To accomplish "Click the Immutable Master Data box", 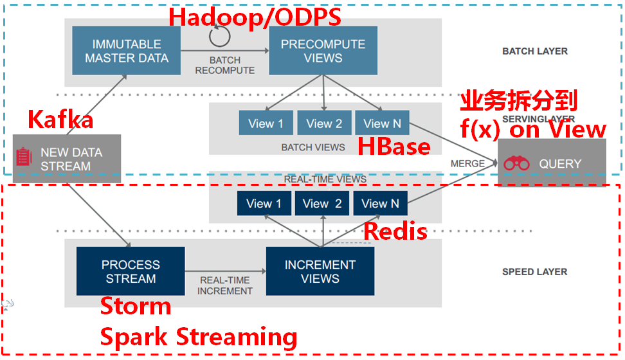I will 127,51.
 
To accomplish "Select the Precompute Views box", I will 323,51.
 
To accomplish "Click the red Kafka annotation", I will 60,120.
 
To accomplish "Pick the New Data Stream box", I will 68,159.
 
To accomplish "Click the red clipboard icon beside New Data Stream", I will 24,156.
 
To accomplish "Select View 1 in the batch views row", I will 266,123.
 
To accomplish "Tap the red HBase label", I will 394,147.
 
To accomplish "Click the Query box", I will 552,163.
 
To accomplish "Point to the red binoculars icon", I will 516,163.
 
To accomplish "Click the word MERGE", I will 467,163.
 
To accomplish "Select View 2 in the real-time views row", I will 322,204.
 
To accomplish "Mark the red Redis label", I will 395,231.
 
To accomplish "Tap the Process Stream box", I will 131,271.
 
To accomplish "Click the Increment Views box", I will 320,271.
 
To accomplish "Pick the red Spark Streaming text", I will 198,337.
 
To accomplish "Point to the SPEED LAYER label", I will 534,272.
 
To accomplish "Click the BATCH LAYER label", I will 534,51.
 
